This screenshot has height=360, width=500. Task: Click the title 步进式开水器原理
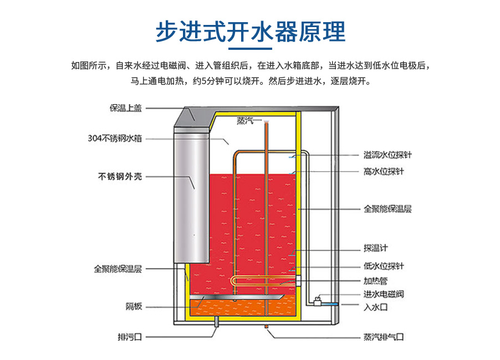coord(250,32)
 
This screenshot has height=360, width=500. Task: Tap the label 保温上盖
coord(125,109)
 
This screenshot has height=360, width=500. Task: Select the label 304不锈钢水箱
coord(115,138)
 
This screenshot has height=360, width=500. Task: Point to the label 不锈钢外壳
coord(120,177)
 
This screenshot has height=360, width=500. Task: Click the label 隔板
coord(134,306)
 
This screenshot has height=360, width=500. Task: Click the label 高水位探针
coord(384,172)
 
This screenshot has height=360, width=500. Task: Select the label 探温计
coord(376,248)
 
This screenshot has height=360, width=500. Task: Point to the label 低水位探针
coord(384,266)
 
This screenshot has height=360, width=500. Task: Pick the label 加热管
coord(375,280)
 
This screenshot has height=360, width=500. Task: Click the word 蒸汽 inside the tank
coord(246,121)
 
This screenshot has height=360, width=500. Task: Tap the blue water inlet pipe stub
coord(331,304)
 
